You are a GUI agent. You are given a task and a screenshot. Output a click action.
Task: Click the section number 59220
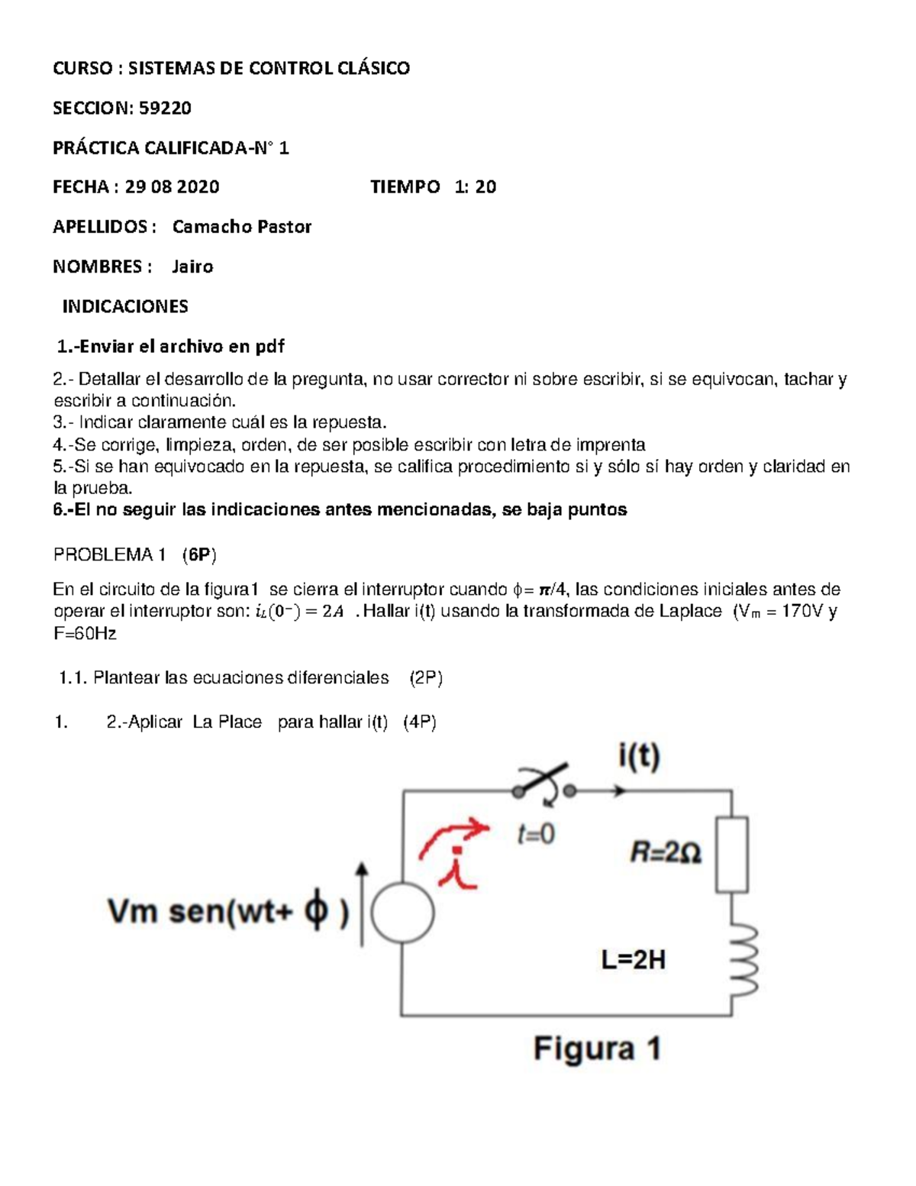pos(165,108)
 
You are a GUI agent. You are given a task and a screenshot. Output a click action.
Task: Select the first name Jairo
pos(192,267)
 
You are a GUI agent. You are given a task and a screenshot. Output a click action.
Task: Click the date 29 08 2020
pos(172,187)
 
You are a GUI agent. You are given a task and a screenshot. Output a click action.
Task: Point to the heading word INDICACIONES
pos(125,306)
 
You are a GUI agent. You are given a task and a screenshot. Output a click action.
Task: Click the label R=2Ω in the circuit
pos(666,852)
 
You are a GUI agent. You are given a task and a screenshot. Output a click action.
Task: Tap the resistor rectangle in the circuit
pos(731,854)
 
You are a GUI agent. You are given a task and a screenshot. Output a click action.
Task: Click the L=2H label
pos(633,959)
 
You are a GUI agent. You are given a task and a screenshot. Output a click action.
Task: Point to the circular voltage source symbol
pos(402,913)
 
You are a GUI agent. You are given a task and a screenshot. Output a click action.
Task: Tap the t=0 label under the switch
pos(536,834)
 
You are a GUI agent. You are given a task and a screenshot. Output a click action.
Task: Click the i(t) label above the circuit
pos(639,757)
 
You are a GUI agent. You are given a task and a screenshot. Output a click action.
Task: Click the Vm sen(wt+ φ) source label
pos(228,912)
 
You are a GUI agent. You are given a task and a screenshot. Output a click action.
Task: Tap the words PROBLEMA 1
pos(109,555)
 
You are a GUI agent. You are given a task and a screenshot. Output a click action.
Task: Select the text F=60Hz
pos(85,633)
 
